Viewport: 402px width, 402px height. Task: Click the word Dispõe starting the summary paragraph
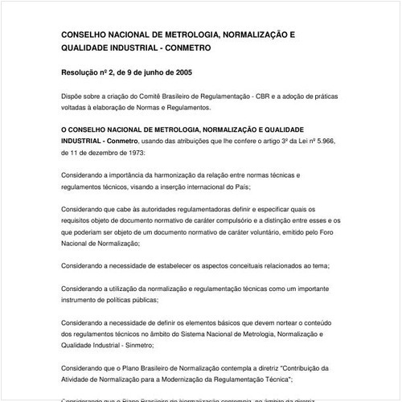(74, 96)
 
